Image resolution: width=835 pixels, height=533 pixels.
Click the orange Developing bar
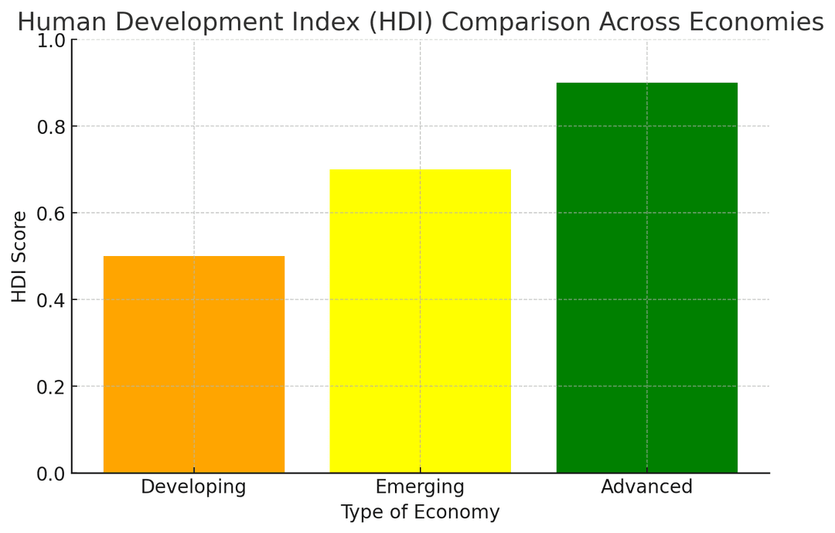193,364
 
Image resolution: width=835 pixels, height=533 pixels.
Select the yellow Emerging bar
420,321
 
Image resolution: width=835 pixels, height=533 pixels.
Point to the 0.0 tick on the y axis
52,473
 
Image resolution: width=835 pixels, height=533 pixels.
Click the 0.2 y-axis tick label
52,386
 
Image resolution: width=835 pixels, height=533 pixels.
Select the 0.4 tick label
52,299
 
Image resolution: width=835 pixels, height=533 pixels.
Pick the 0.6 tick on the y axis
52,213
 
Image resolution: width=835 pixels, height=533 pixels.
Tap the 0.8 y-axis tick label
52,126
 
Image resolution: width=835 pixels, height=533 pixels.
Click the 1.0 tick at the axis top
52,40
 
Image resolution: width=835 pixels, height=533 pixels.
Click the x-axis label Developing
193,487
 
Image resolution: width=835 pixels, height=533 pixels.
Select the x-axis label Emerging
420,487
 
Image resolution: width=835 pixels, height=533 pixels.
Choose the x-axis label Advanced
647,487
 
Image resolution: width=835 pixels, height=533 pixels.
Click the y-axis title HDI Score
19,256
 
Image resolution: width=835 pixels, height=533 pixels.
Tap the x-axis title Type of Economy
420,512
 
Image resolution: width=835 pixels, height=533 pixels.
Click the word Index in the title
325,22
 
